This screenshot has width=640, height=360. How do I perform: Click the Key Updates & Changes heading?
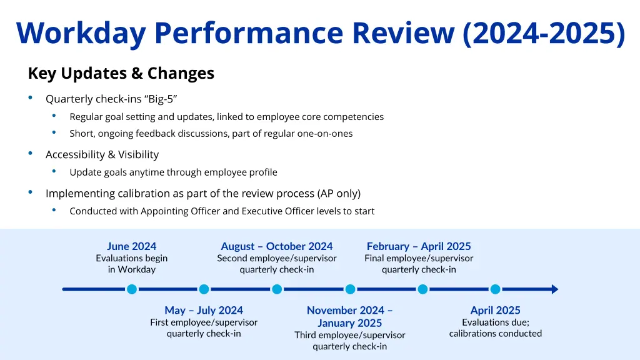pos(121,74)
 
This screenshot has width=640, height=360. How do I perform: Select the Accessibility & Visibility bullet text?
pos(102,154)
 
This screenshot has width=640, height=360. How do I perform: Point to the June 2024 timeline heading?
pos(131,246)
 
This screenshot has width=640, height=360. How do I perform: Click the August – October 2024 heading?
pos(276,246)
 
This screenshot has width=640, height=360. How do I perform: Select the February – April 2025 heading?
pos(419,246)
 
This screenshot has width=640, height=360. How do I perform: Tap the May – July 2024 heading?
pos(204,310)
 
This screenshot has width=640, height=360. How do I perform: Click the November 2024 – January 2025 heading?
pos(349,316)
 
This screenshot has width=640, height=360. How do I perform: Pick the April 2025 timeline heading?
pos(495,310)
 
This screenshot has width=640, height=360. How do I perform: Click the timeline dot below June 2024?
pos(131,289)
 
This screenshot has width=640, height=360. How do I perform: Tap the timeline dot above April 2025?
pos(495,289)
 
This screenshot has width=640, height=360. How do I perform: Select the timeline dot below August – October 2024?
pos(277,289)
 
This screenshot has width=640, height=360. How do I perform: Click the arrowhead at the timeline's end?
pos(553,289)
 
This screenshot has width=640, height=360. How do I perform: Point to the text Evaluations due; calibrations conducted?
pos(495,328)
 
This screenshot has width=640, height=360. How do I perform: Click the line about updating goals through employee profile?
pos(173,172)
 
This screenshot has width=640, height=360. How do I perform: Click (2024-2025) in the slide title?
pos(543,33)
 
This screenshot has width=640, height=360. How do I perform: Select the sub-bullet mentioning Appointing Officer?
pos(222,211)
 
